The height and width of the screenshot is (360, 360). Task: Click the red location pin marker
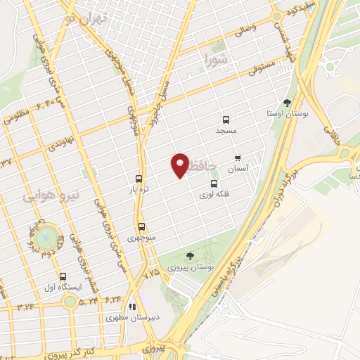click(180, 165)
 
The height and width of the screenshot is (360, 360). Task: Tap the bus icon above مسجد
click(226, 120)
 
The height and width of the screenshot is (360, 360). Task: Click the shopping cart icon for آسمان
click(238, 157)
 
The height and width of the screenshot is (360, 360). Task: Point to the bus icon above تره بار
click(139, 179)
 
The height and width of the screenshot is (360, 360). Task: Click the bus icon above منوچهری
click(142, 226)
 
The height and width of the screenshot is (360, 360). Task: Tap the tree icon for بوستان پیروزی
click(191, 256)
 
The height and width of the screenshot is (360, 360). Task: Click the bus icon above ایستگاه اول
click(63, 276)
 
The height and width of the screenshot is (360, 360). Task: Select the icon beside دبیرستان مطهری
click(131, 307)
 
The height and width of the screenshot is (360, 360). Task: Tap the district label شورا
click(214, 59)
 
